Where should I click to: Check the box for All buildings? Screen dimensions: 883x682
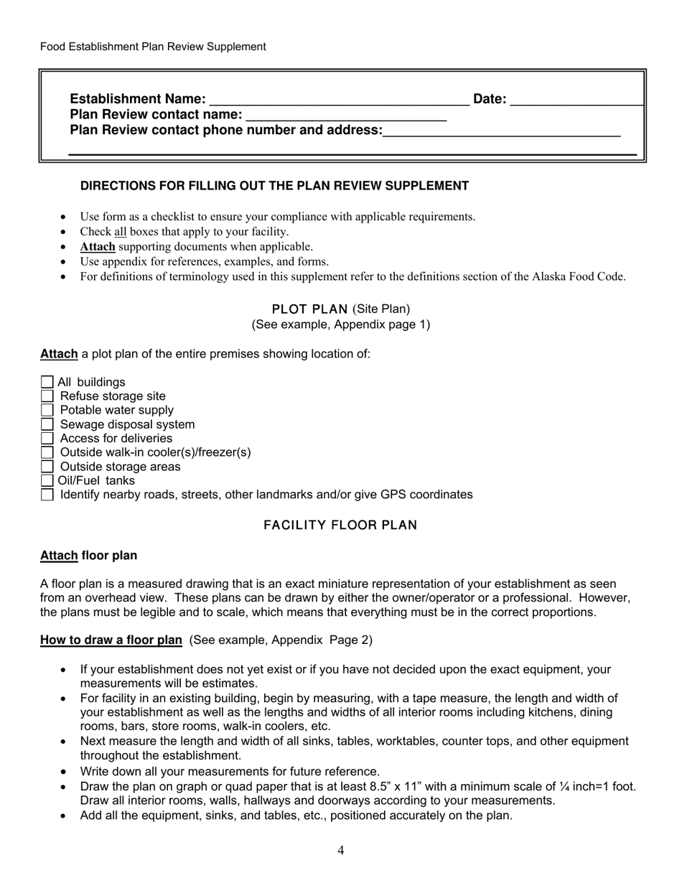tap(47, 382)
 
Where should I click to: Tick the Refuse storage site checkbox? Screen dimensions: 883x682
tap(47, 396)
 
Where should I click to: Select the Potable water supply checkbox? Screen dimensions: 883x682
tap(47, 410)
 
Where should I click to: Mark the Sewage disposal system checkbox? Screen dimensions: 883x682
tap(47, 424)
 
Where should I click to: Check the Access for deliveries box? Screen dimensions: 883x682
tap(47, 438)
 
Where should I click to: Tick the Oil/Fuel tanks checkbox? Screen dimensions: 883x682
tap(47, 480)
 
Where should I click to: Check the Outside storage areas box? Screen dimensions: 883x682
tap(47, 467)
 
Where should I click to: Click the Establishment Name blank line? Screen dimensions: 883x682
tap(339, 100)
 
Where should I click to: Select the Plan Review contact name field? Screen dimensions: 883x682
tap(345, 115)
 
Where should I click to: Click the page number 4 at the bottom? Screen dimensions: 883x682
tap(340, 851)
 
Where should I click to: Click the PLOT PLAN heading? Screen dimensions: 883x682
tap(309, 309)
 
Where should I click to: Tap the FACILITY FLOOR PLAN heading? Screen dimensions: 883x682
tap(340, 525)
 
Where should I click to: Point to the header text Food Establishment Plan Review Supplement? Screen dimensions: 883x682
tap(153, 47)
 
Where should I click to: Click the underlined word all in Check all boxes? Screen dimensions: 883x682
tap(121, 232)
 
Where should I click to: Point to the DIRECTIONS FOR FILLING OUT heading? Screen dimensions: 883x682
tap(274, 186)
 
